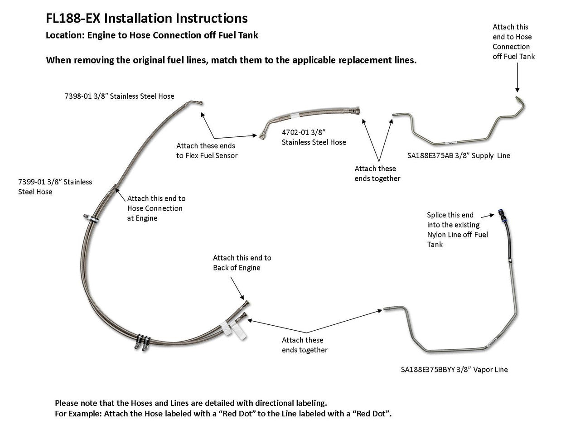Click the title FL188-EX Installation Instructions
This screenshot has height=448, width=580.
tap(146, 18)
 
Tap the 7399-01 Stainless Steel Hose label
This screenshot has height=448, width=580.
tap(55, 187)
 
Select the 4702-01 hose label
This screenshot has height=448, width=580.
tap(314, 137)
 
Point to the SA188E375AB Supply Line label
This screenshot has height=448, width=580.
tap(458, 156)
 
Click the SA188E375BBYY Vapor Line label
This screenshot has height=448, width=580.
tap(454, 370)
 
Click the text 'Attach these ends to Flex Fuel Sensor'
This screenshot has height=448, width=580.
tap(207, 150)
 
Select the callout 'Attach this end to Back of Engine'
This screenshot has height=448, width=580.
tap(242, 263)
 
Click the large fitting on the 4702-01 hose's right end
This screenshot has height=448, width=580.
tap(356, 111)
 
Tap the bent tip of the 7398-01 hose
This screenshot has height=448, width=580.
tap(197, 103)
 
